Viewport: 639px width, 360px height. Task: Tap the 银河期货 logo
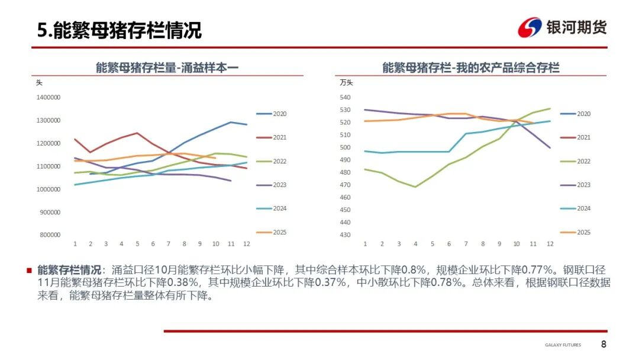tap(562, 27)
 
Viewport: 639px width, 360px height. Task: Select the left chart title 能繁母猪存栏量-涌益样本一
tap(167, 67)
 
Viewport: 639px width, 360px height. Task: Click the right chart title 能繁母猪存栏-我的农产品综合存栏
tap(471, 67)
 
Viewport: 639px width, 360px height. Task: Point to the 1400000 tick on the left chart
tap(49, 97)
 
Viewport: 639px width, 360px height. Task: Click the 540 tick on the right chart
tap(346, 98)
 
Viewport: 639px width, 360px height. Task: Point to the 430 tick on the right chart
tap(346, 235)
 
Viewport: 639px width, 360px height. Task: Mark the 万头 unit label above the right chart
tap(346, 83)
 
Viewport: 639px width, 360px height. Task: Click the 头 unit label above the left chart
tap(40, 83)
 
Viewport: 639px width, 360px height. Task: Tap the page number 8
tap(603, 345)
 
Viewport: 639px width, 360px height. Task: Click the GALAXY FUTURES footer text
tap(563, 345)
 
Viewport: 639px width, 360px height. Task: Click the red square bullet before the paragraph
tap(29, 270)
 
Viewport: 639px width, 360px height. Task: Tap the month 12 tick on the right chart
tap(551, 244)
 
